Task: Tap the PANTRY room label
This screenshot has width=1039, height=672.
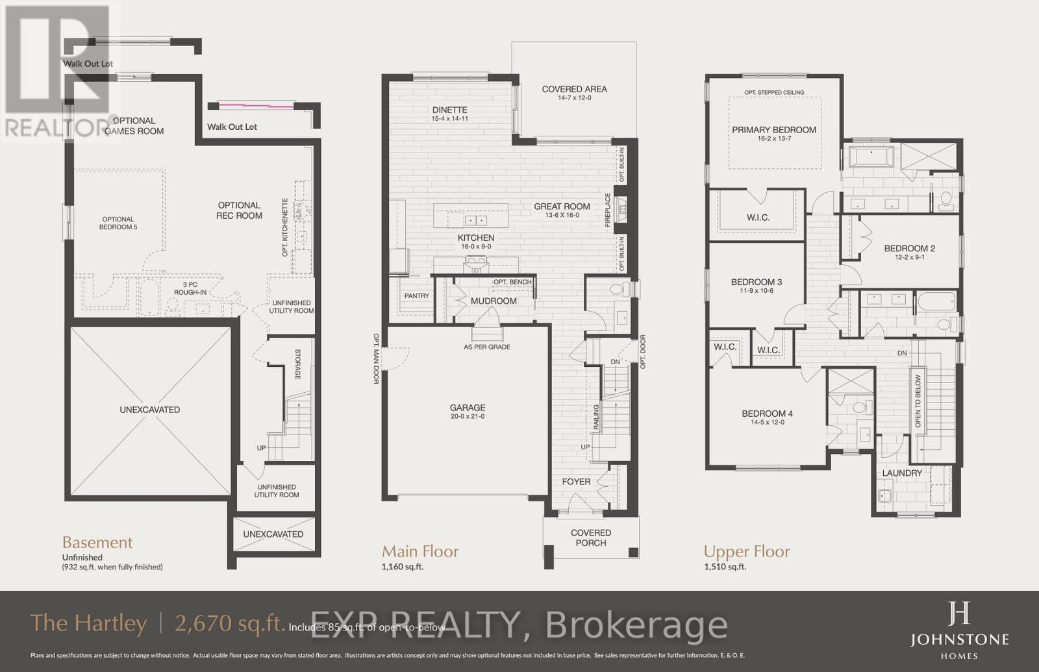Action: tap(417, 295)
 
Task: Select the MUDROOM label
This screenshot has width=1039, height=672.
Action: tap(494, 301)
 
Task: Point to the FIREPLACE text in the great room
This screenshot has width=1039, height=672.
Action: tap(608, 209)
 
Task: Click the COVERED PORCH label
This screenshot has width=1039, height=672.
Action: tap(591, 538)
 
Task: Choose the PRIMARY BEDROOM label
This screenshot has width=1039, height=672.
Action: tap(774, 130)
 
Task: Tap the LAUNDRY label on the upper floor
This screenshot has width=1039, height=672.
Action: tap(902, 473)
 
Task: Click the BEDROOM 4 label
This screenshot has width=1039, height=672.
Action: tap(767, 414)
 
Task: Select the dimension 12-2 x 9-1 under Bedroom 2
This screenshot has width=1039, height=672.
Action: tap(909, 257)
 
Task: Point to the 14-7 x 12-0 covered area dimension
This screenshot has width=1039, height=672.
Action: tap(574, 98)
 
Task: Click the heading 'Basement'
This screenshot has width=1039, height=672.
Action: tap(97, 542)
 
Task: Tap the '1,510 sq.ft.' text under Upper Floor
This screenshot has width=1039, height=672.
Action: tap(725, 566)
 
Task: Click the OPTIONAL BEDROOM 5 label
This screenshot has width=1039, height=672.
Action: tap(118, 223)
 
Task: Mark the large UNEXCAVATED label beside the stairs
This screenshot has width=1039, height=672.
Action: tap(150, 410)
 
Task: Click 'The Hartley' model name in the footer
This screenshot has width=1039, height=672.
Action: tap(89, 623)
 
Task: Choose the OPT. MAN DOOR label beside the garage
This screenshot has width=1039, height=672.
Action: tap(376, 359)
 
